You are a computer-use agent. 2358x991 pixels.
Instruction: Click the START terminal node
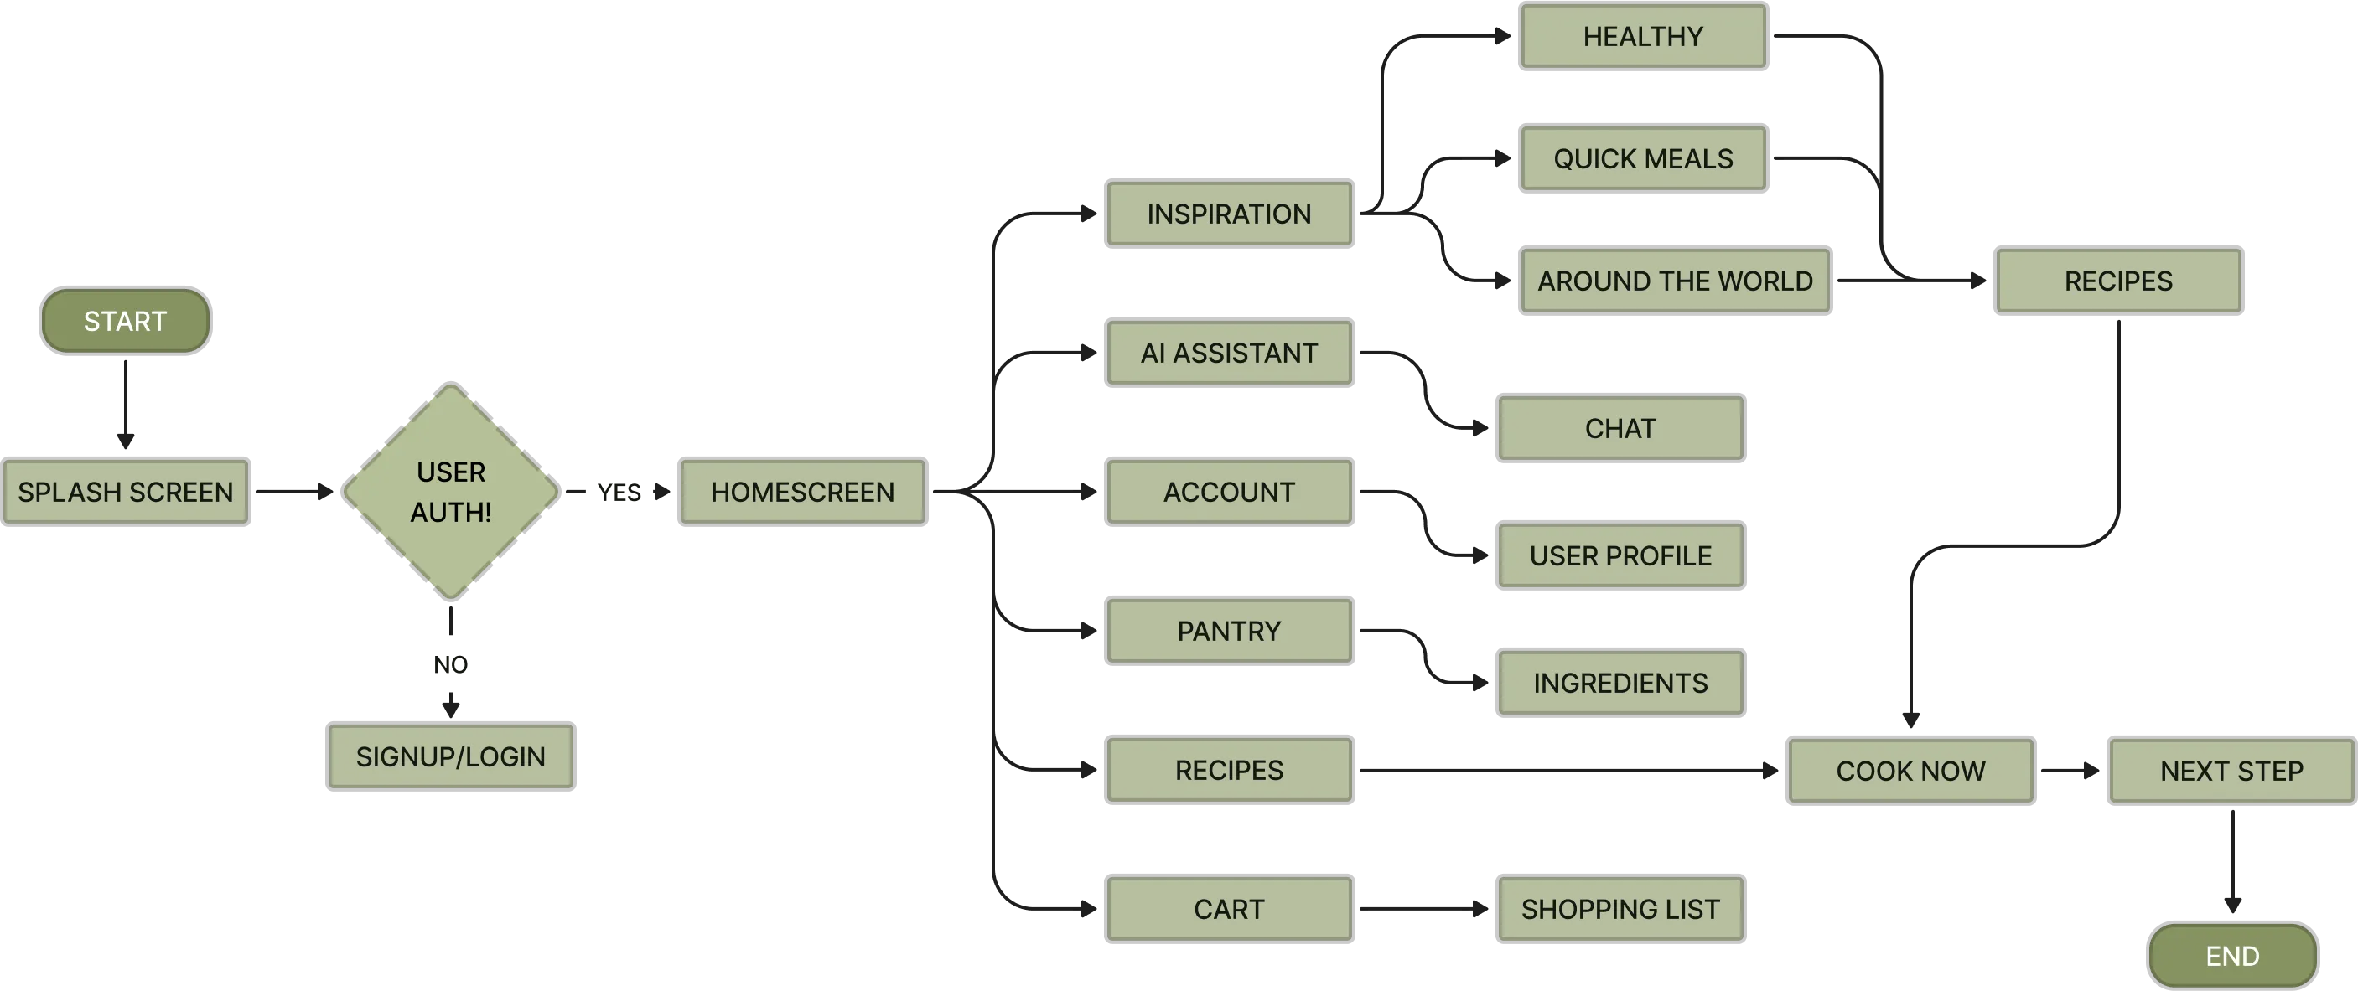click(x=126, y=321)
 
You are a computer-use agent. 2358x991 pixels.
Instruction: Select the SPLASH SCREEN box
click(x=126, y=493)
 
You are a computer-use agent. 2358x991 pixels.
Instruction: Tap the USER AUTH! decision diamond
click(x=450, y=493)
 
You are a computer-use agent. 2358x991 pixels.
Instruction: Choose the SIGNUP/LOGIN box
click(x=450, y=756)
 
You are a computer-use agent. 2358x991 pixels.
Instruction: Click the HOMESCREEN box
click(x=803, y=493)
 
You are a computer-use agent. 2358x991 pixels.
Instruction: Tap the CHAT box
click(x=1620, y=428)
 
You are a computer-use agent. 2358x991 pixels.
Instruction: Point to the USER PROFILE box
click(x=1620, y=555)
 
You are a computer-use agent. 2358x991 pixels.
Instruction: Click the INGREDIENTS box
click(x=1620, y=683)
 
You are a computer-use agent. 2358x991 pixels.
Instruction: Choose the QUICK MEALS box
click(x=1643, y=159)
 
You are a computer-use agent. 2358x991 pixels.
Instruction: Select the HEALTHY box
click(x=1643, y=37)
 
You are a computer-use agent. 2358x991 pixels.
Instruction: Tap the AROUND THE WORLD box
click(x=1675, y=281)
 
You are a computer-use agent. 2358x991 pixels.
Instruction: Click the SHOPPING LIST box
click(x=1620, y=910)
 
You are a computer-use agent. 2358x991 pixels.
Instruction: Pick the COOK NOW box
click(x=1910, y=772)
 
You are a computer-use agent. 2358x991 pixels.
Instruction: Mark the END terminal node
click(x=2232, y=956)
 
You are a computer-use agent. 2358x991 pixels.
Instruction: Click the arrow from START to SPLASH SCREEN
click(x=126, y=403)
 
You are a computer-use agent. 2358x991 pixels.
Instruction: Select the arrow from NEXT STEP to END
click(x=2232, y=865)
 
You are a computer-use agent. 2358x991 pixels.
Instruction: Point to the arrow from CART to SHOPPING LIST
click(x=1423, y=909)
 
